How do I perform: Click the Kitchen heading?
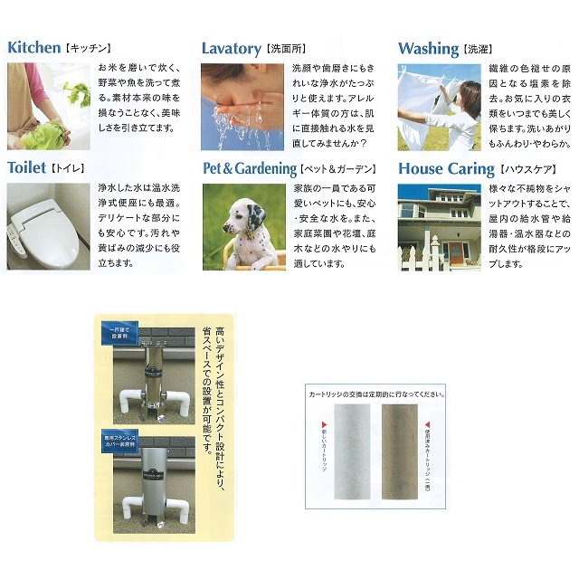pyautogui.click(x=34, y=47)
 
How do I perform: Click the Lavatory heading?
pyautogui.click(x=231, y=48)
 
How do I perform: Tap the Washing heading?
pyautogui.click(x=428, y=48)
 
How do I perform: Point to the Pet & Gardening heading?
pyautogui.click(x=250, y=168)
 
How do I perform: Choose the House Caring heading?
pyautogui.click(x=446, y=168)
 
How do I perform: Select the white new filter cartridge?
pyautogui.click(x=346, y=451)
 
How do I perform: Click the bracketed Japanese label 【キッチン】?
pyautogui.click(x=89, y=48)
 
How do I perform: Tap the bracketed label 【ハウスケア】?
pyautogui.click(x=527, y=169)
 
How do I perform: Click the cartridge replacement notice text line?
pyautogui.click(x=372, y=394)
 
